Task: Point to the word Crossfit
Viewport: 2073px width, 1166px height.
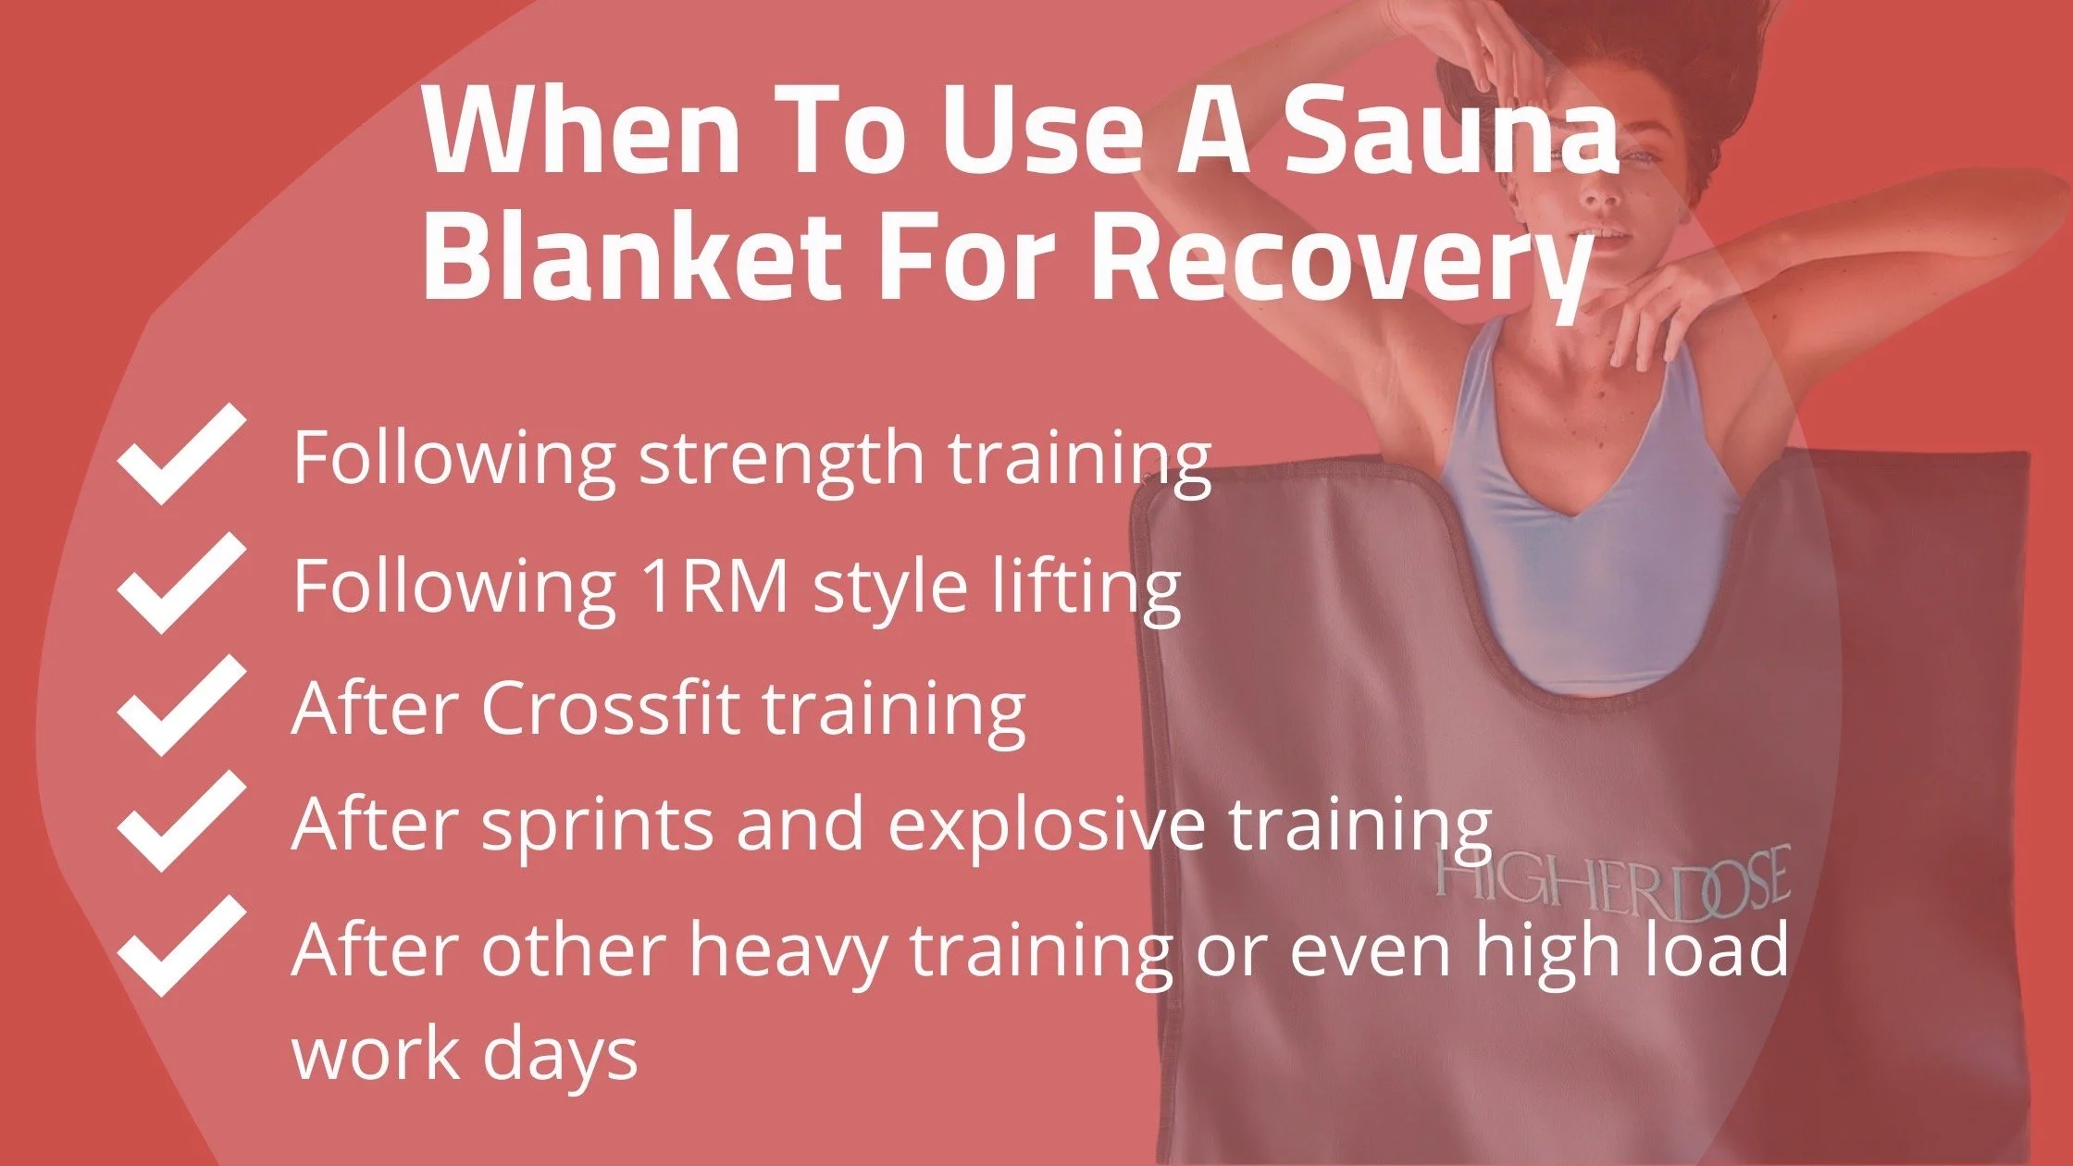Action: click(610, 708)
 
